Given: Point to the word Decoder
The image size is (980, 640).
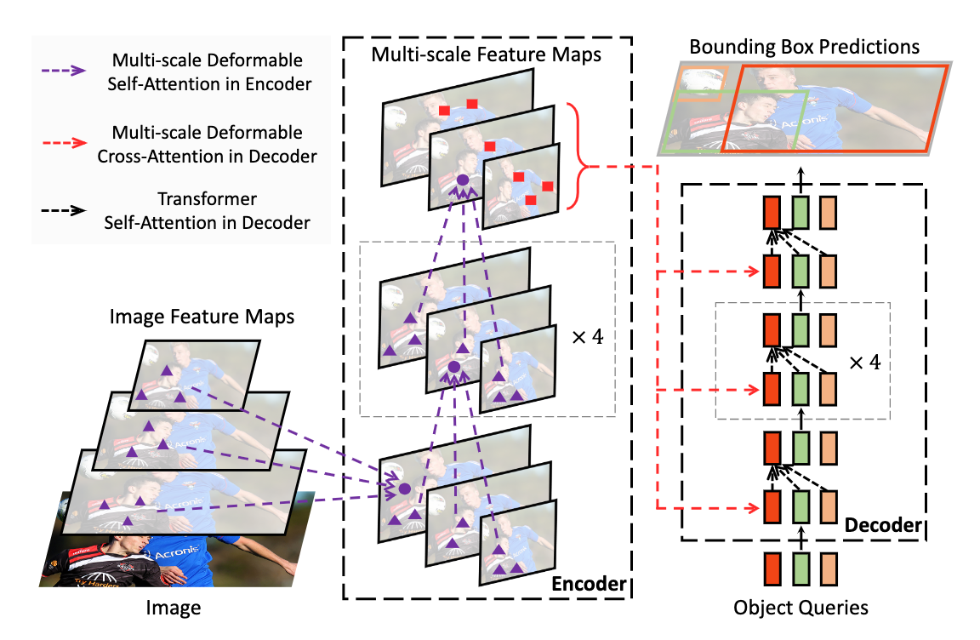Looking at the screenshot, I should [882, 526].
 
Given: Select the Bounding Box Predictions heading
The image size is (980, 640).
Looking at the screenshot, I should [804, 46].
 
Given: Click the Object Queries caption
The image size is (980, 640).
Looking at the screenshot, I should [801, 607].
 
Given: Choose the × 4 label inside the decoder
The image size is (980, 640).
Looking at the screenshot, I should [865, 361].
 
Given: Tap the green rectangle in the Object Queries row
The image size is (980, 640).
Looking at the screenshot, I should [800, 568].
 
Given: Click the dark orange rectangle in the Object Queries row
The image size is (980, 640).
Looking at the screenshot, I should [772, 568].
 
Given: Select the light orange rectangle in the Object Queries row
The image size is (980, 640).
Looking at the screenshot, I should [829, 568].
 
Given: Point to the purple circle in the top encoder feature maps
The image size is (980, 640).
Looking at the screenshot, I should [462, 180].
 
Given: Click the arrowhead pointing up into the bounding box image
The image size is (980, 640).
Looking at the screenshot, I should [800, 169].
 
